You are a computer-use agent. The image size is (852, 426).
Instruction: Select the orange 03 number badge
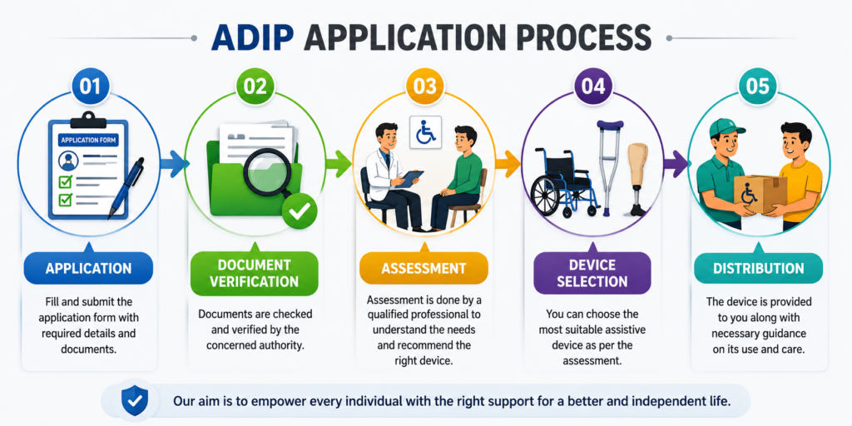(x=424, y=87)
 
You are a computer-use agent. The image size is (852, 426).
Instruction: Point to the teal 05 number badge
(x=758, y=87)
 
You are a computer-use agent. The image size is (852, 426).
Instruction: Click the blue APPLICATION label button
(x=88, y=269)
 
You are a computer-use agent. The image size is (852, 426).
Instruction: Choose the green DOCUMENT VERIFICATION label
(x=254, y=273)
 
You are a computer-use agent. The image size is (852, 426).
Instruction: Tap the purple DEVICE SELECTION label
(x=592, y=273)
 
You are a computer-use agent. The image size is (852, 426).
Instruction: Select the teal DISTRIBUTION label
(x=758, y=269)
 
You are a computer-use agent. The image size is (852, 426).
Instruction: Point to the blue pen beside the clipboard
(x=126, y=188)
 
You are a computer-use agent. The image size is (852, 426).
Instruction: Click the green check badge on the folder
(x=299, y=211)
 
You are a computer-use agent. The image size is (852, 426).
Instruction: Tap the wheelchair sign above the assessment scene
(x=425, y=132)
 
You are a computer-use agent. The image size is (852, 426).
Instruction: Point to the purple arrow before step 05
(x=676, y=164)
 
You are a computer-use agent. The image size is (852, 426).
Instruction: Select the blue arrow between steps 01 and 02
(x=175, y=164)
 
